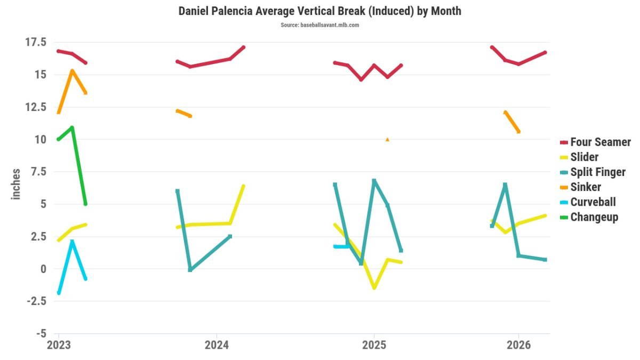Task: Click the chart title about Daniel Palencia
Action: [319, 11]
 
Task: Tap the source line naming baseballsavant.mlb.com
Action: [319, 25]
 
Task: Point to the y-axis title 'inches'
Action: [16, 185]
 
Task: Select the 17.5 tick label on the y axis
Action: [36, 42]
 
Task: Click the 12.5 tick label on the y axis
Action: [36, 107]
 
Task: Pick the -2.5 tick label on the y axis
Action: [37, 301]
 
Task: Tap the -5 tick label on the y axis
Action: [41, 333]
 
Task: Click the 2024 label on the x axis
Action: [217, 345]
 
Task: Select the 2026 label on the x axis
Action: [518, 345]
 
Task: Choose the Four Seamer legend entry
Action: [595, 142]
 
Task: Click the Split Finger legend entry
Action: [593, 172]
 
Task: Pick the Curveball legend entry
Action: [588, 202]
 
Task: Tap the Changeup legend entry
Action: [589, 218]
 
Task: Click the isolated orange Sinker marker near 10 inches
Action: [387, 139]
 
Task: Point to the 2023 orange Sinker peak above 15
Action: [73, 70]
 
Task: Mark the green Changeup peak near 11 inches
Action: [72, 127]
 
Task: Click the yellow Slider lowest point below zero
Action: [374, 288]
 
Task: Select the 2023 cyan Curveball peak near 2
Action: [72, 242]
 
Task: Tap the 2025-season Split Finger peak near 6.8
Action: [374, 181]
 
